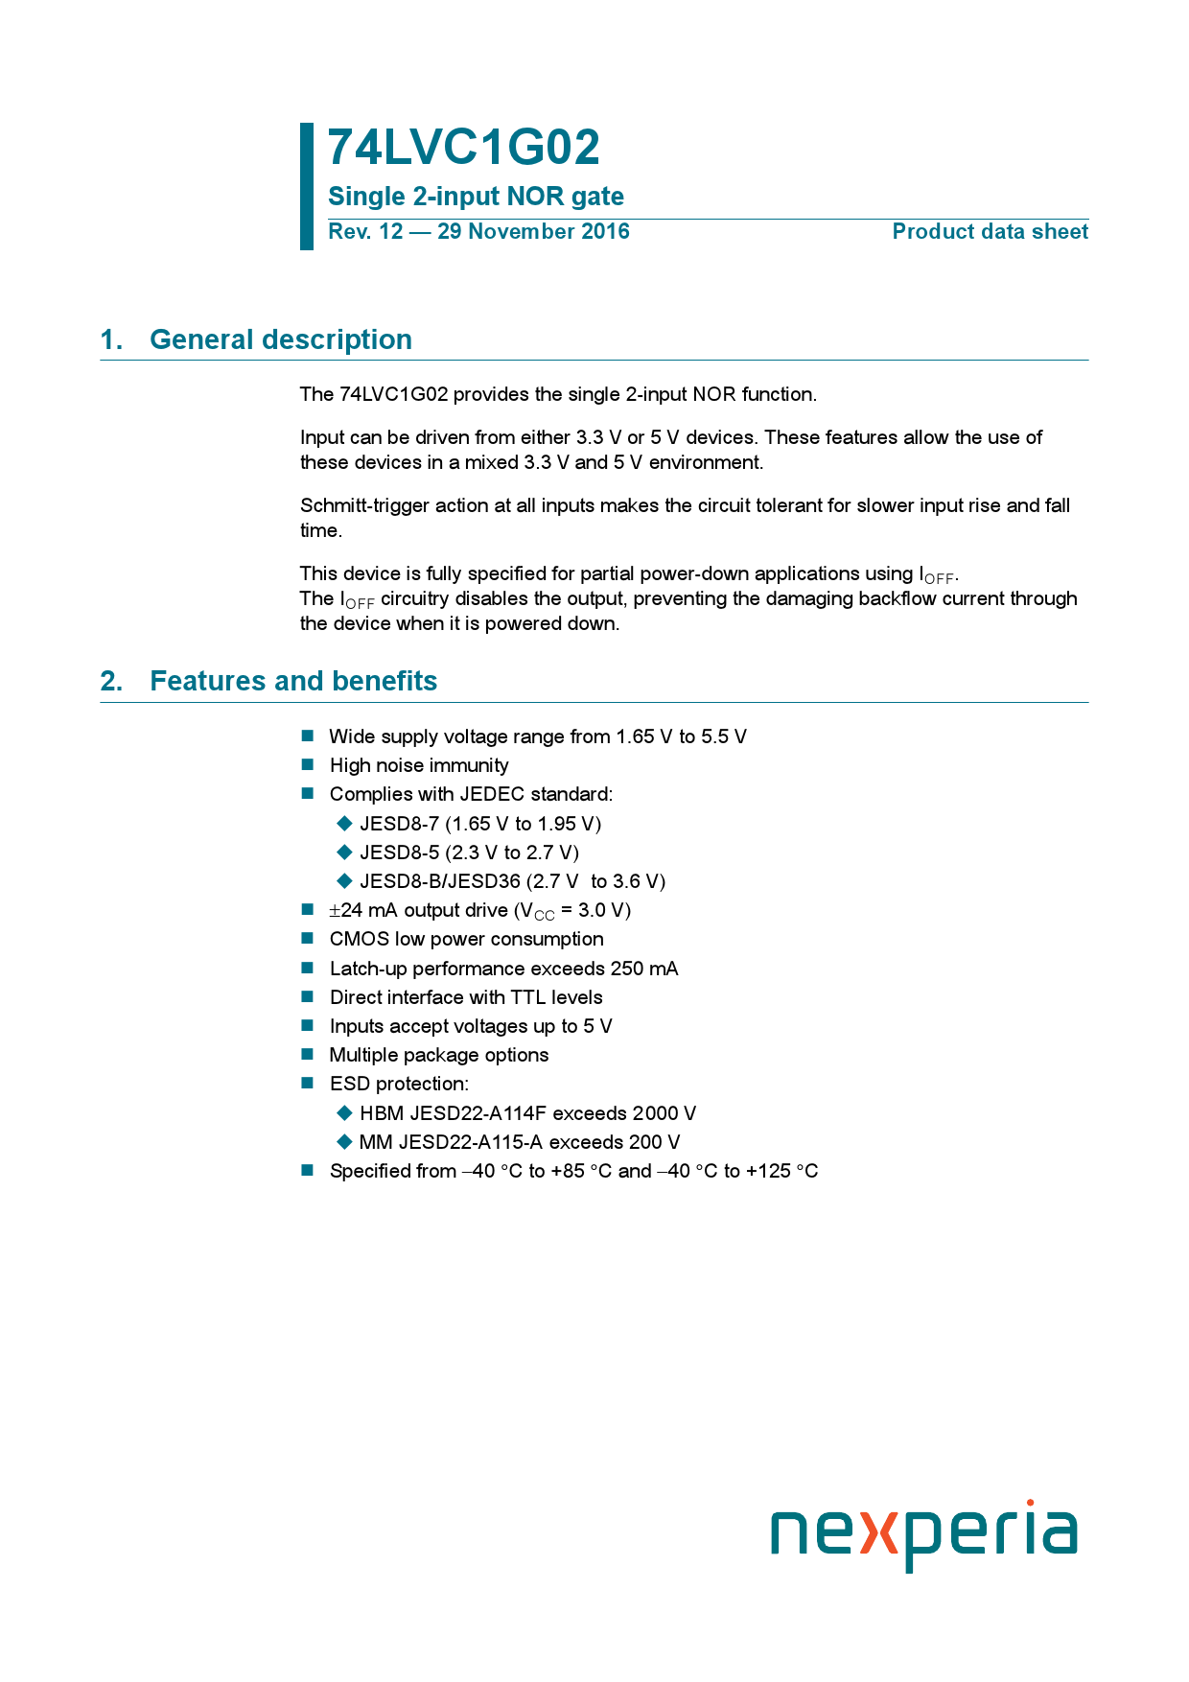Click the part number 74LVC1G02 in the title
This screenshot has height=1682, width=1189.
463,148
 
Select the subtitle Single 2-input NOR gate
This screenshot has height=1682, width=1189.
476,197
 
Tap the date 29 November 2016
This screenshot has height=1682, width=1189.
533,232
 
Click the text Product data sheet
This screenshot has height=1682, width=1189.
990,232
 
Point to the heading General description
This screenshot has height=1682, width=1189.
281,339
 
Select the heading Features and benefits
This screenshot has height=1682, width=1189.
293,681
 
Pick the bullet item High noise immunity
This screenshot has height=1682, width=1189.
419,765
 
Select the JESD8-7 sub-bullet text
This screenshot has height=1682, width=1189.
399,824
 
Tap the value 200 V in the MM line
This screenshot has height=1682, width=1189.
654,1142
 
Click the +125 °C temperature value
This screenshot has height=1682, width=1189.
781,1171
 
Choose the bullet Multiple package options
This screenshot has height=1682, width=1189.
439,1055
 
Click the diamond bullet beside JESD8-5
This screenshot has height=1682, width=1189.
345,853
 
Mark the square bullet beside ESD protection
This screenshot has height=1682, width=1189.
308,1084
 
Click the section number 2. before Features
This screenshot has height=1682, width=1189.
111,681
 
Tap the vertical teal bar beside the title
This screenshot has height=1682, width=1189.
307,186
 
